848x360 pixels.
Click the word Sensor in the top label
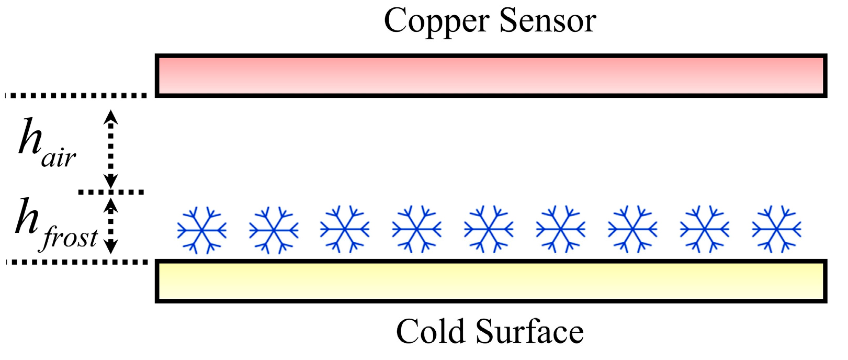[x=548, y=21]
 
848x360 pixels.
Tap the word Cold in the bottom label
[x=430, y=332]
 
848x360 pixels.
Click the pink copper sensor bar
[x=491, y=75]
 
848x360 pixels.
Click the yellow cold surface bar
[x=491, y=281]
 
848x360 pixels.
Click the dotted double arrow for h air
[x=110, y=149]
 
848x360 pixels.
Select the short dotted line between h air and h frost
[x=111, y=192]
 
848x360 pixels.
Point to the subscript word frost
[x=69, y=238]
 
